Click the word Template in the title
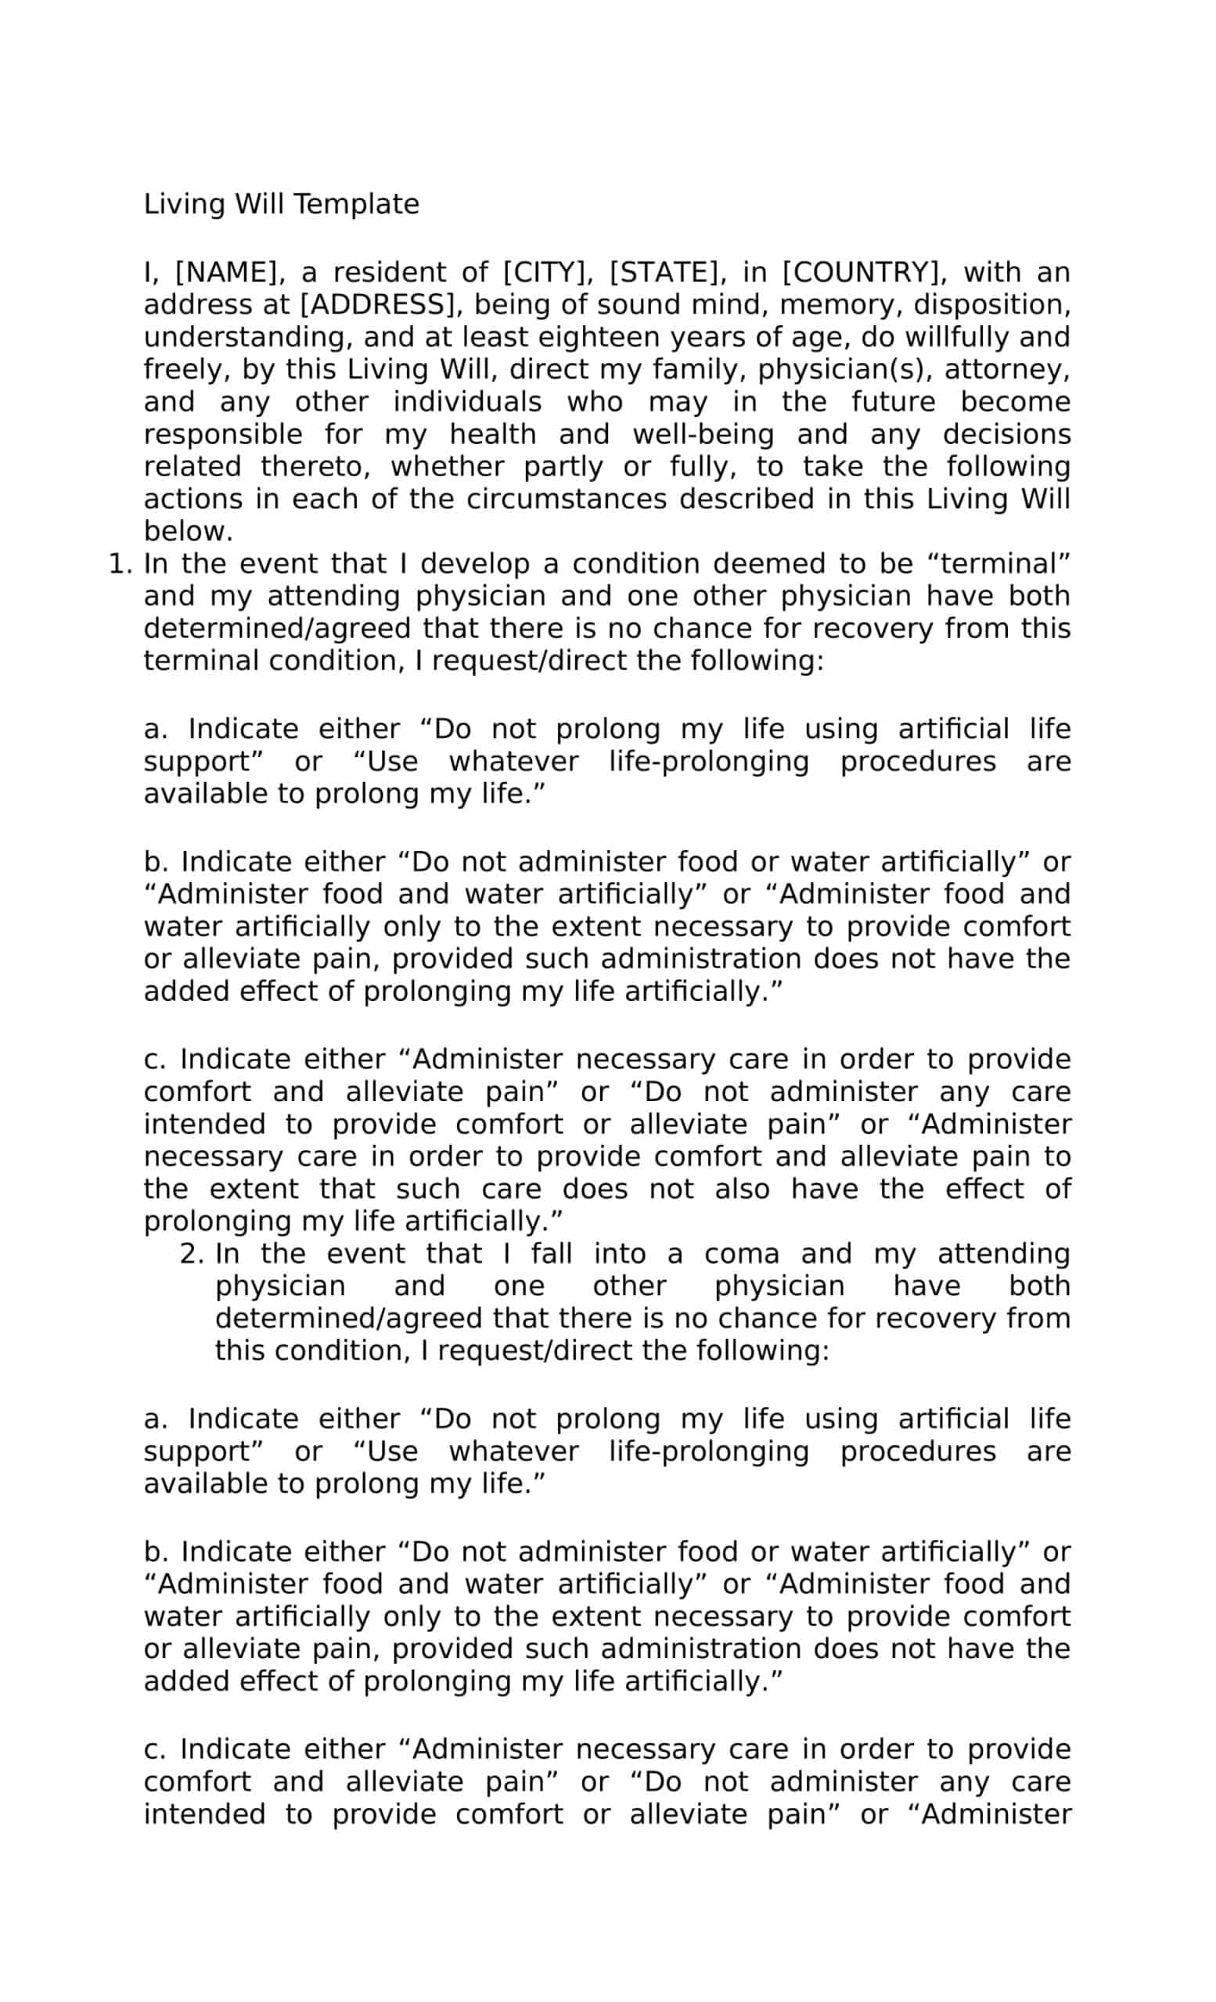[356, 204]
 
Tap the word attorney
[1006, 370]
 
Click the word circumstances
[566, 499]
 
